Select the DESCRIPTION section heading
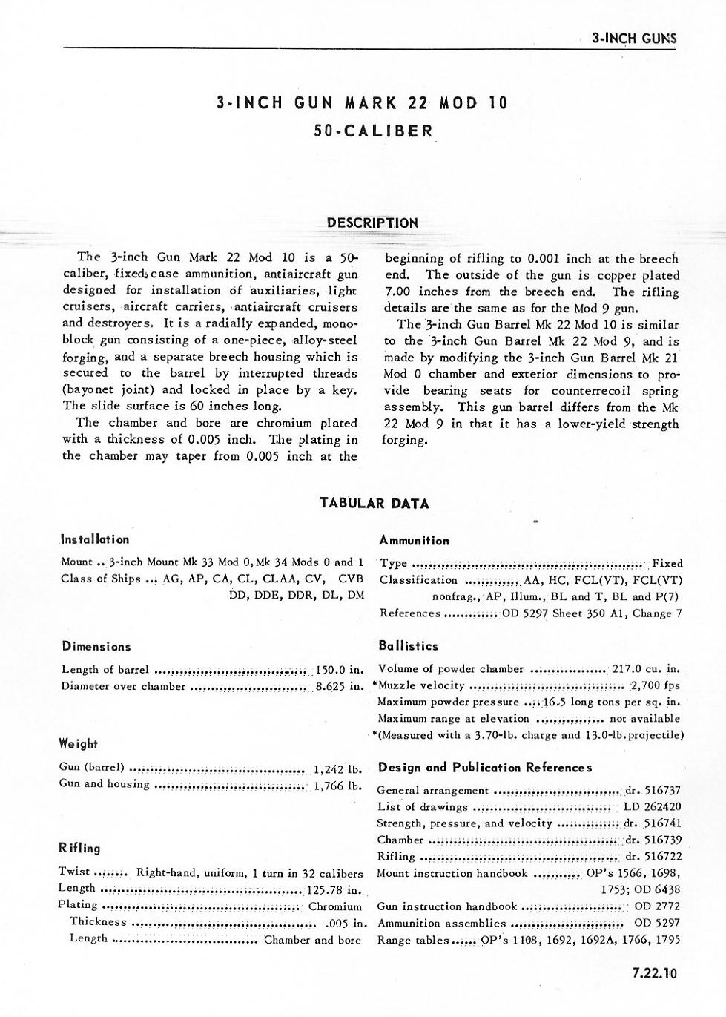pos(372,223)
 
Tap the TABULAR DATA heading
pos(374,503)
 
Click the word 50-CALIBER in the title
pos(373,131)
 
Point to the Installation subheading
pos(95,539)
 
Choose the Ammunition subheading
pos(414,540)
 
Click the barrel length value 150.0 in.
pos(338,669)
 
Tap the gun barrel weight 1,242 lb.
pos(337,768)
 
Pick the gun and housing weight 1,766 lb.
pos(337,784)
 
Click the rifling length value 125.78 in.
pos(334,889)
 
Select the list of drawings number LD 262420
pos(652,807)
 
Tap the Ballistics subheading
pos(408,645)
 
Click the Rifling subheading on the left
pos(79,848)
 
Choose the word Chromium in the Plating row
pos(334,906)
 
